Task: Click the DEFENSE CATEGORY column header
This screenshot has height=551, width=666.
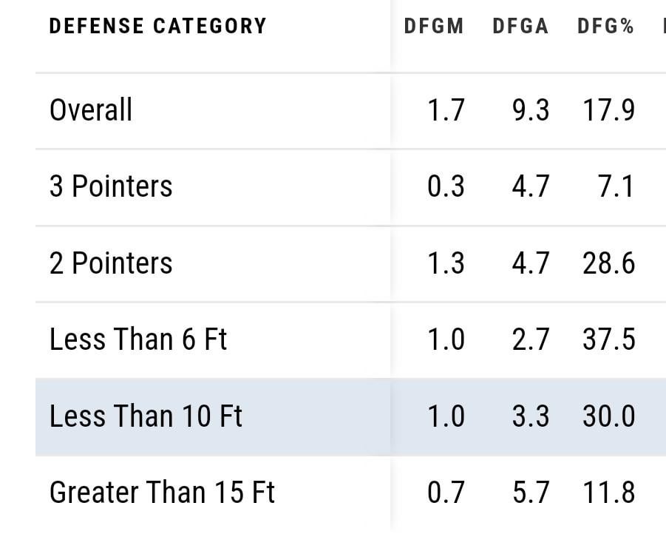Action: pos(157,26)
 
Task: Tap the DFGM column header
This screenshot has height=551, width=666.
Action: pos(434,26)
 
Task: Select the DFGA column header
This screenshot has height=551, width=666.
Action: pos(520,26)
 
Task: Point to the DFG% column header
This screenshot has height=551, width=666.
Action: pos(606,26)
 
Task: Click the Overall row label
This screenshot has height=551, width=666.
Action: pos(91,110)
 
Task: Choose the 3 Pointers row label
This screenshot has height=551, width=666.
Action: pos(111,186)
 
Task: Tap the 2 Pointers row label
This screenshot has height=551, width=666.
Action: pos(111,263)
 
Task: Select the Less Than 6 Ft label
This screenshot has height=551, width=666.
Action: pos(138,339)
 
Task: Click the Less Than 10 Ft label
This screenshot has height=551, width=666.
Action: pos(146,416)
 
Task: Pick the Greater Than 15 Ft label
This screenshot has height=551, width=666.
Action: pos(162,493)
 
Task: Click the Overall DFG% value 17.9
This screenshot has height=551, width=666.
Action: pos(608,110)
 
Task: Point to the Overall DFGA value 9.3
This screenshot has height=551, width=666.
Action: pos(531,110)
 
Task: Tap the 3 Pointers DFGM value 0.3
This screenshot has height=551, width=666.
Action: pos(446,186)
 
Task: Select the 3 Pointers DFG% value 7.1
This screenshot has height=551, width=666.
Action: pos(616,186)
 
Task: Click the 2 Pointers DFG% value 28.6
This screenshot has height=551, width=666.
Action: pos(608,263)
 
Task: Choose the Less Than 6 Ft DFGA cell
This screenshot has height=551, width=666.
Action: pos(531,339)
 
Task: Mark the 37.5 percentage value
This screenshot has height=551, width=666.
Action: pos(608,339)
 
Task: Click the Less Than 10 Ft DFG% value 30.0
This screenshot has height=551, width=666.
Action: pos(608,416)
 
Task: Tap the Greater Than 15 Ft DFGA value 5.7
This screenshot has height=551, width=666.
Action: pos(531,493)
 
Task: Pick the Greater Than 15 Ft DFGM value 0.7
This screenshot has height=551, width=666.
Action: pos(446,493)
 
